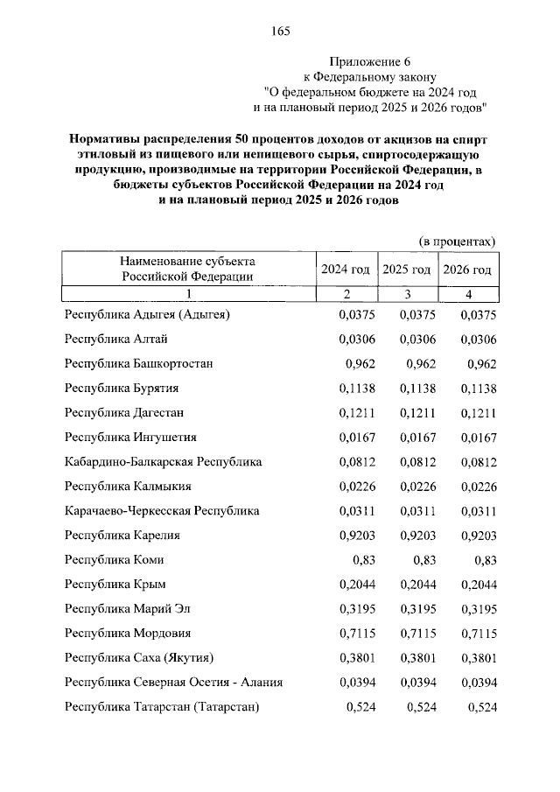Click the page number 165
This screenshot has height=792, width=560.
coord(280,32)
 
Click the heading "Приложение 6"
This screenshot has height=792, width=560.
coord(369,61)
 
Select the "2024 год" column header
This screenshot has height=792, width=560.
coord(346,269)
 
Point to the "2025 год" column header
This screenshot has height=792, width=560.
coord(407,269)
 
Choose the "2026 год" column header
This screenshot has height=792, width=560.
coord(467,269)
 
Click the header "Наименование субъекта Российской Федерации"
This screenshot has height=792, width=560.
coord(188,268)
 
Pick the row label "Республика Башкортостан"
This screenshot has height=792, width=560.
coord(139,363)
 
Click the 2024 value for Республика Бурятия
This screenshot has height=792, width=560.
coord(356,388)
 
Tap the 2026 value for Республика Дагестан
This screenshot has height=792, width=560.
coord(478,412)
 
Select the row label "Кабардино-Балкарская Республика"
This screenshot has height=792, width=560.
coord(164,461)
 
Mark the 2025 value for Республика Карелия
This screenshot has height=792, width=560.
coord(416,535)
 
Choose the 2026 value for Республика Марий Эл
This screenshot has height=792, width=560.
coord(478,608)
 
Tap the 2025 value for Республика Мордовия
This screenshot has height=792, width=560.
coord(416,633)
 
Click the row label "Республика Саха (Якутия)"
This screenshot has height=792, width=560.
coord(139,657)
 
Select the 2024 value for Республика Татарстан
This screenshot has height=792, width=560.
coord(360,706)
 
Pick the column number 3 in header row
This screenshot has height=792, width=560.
coord(407,293)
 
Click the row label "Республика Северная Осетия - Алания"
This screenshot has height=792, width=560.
coord(174,682)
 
